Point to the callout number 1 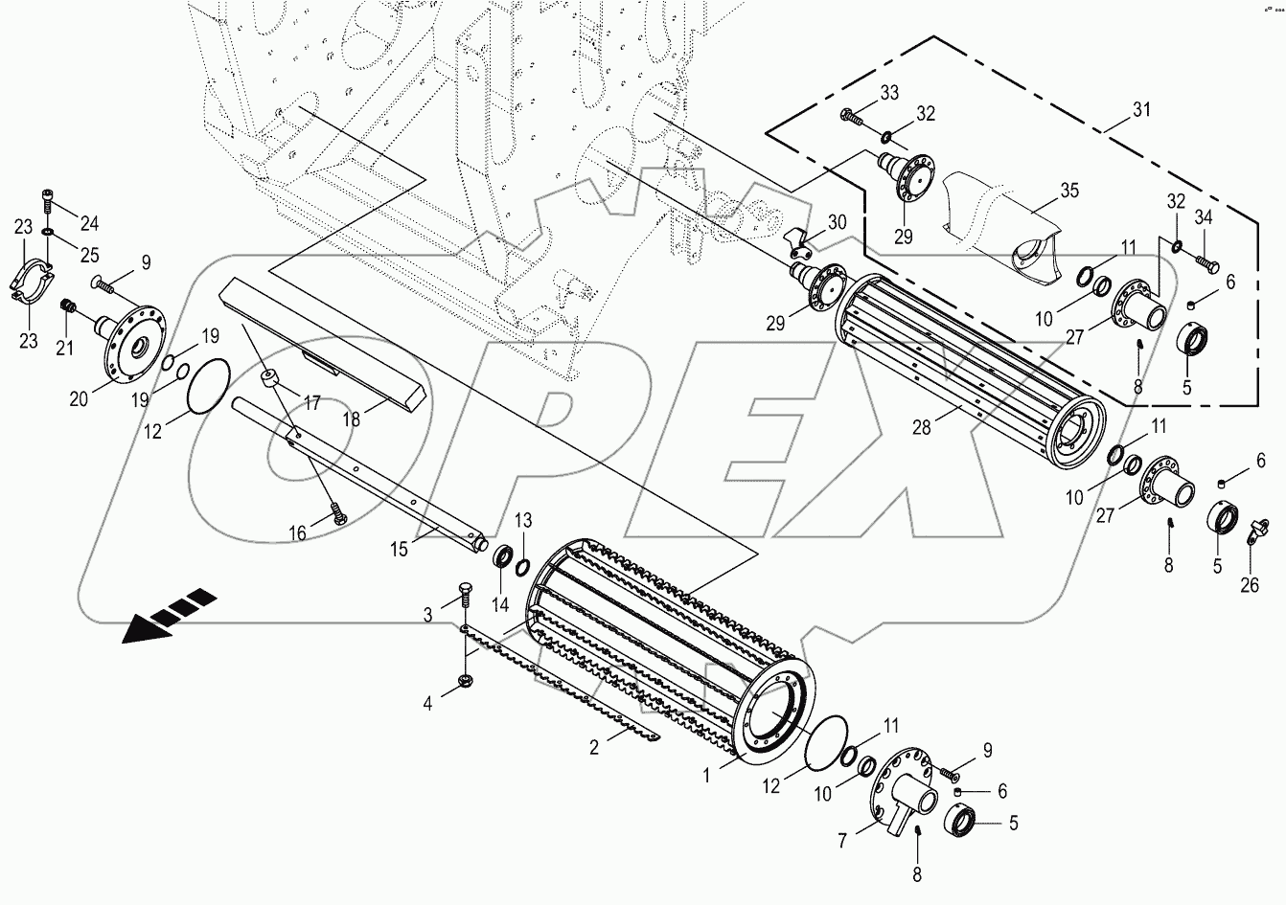tap(707, 777)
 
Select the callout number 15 tap(399, 550)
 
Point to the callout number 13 tap(523, 520)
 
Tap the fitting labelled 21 tap(68, 307)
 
